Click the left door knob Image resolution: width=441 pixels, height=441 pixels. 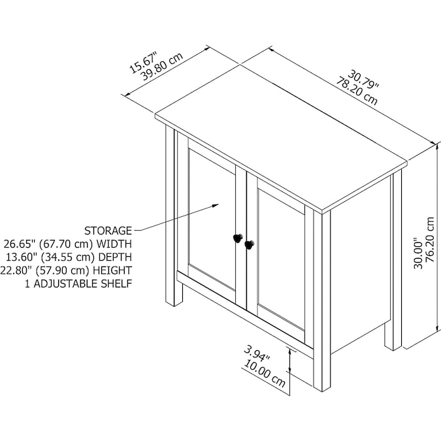click(238, 238)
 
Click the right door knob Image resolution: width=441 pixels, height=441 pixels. click(249, 245)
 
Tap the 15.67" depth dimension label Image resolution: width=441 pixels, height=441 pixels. click(142, 63)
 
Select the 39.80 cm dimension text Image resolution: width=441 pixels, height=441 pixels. click(162, 67)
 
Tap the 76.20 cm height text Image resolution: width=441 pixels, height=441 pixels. click(431, 239)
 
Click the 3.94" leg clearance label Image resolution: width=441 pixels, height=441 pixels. click(257, 353)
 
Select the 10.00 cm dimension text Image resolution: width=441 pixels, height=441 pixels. click(265, 374)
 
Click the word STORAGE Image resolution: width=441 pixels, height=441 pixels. click(108, 231)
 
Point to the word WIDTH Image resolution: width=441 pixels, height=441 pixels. click(114, 244)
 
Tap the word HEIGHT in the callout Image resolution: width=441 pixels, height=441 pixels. click(112, 270)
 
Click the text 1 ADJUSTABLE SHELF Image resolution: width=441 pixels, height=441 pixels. click(78, 284)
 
